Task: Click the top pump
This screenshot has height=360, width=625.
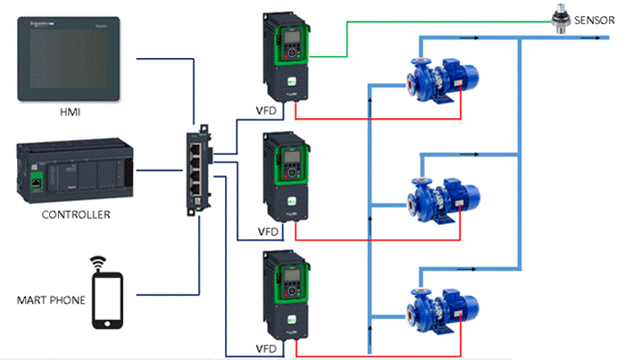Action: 442,76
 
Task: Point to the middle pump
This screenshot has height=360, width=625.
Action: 442,194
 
